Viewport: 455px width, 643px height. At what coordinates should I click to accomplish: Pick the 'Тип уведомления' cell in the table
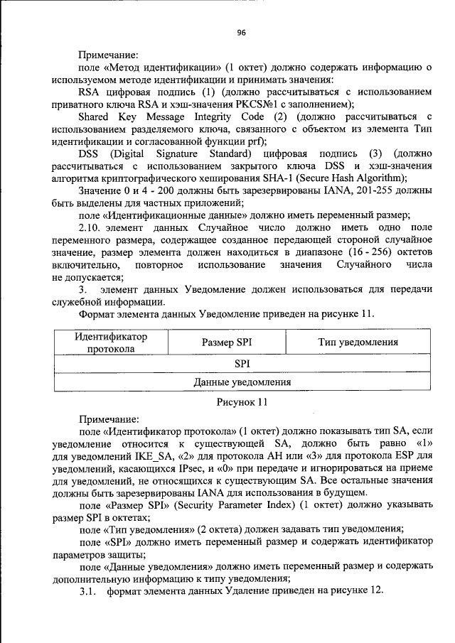[358, 342]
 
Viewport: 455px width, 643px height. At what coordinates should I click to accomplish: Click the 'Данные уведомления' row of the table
[242, 382]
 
